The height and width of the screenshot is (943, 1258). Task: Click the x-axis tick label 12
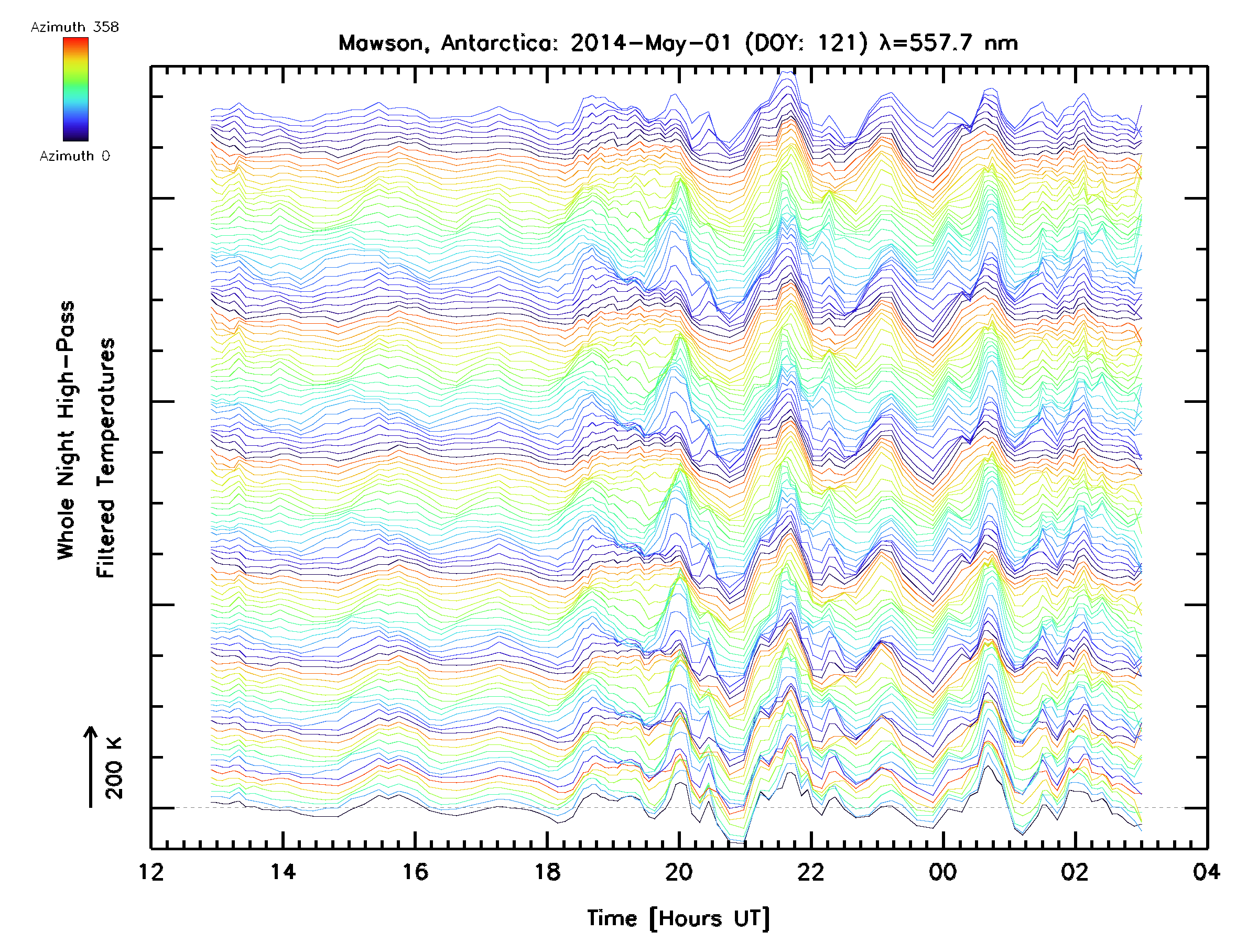coord(151,871)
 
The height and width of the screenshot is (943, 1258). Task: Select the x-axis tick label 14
coord(283,871)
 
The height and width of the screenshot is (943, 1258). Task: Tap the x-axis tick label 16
coord(415,871)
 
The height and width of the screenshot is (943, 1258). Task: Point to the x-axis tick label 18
coord(547,871)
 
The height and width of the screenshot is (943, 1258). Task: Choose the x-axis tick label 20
coord(679,871)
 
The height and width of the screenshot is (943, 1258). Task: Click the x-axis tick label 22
coord(811,871)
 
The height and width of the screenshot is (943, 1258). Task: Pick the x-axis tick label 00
coord(943,871)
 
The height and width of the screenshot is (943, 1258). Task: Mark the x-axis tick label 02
coord(1075,871)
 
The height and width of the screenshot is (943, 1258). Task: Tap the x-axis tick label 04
coord(1206,871)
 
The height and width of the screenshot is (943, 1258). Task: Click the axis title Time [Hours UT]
coord(678,918)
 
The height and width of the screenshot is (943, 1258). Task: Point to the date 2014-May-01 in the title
coord(651,43)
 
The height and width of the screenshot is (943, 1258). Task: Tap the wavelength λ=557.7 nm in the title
coord(948,43)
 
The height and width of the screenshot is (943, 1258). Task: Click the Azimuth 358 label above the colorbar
coord(74,27)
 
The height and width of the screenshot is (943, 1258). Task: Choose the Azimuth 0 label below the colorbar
coord(74,156)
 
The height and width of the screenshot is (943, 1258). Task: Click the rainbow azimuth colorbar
coord(75,89)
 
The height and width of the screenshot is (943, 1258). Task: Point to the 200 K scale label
coord(114,768)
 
